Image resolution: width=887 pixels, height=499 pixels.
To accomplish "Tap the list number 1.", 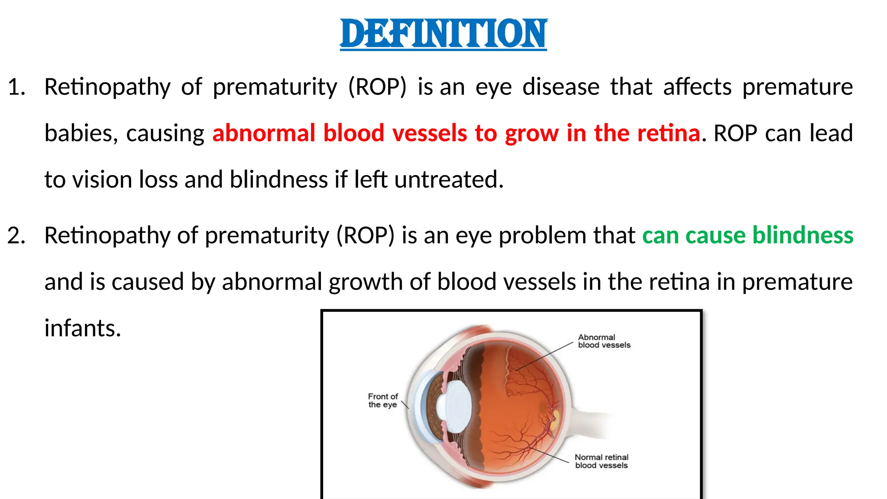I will pos(16,87).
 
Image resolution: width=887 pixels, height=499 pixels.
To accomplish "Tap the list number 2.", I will pos(16,236).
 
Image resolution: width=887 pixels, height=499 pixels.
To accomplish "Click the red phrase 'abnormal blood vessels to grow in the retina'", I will pos(456,133).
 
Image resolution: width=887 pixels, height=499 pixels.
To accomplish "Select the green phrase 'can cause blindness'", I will pos(748,236).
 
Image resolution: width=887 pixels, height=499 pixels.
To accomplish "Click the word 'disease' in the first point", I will pos(561,87).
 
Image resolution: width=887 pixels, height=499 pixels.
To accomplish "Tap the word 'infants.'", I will pos(83,328).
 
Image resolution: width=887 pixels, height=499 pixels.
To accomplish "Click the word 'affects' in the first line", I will pos(697,87).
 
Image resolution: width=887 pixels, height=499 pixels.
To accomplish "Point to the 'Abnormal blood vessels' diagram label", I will pos(604,341).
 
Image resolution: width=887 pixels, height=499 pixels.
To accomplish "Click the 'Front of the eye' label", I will pos(383,401).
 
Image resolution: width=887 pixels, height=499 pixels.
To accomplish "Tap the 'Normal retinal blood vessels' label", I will pos(601,461).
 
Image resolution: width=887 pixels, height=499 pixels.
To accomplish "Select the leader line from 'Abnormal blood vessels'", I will pos(544,356).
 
